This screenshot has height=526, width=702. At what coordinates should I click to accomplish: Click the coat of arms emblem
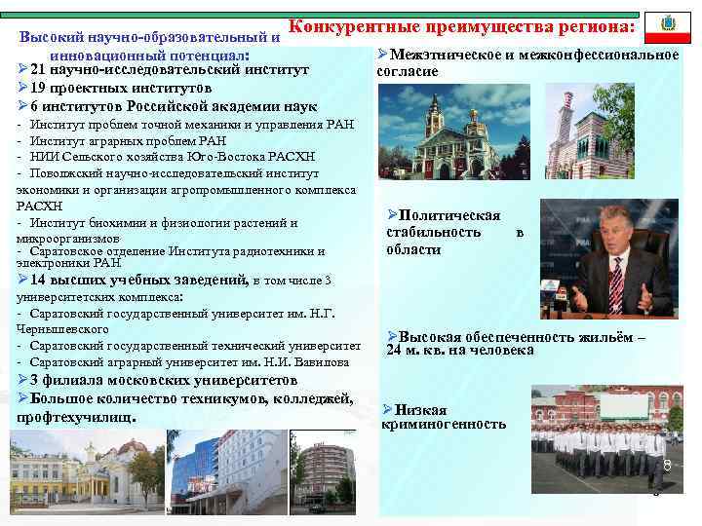(668, 22)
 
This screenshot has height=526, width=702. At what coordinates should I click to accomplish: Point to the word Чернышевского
(62, 329)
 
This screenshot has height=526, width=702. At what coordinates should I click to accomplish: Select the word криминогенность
(444, 425)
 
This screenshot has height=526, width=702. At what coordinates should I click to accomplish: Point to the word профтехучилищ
(76, 418)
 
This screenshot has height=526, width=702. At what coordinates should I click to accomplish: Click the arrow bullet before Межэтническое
(382, 55)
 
